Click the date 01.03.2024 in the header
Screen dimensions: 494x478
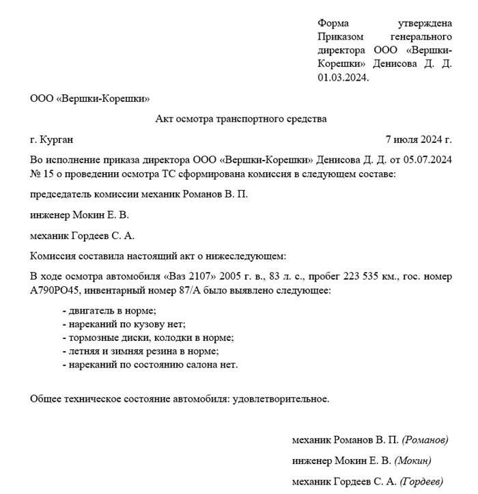click(343, 77)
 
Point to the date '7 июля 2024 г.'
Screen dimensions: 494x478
click(419, 139)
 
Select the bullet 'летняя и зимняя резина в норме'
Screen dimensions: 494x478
click(141, 351)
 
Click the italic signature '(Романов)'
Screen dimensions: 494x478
click(425, 439)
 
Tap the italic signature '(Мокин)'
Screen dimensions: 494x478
click(413, 461)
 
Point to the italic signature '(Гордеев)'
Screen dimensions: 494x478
click(421, 482)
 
